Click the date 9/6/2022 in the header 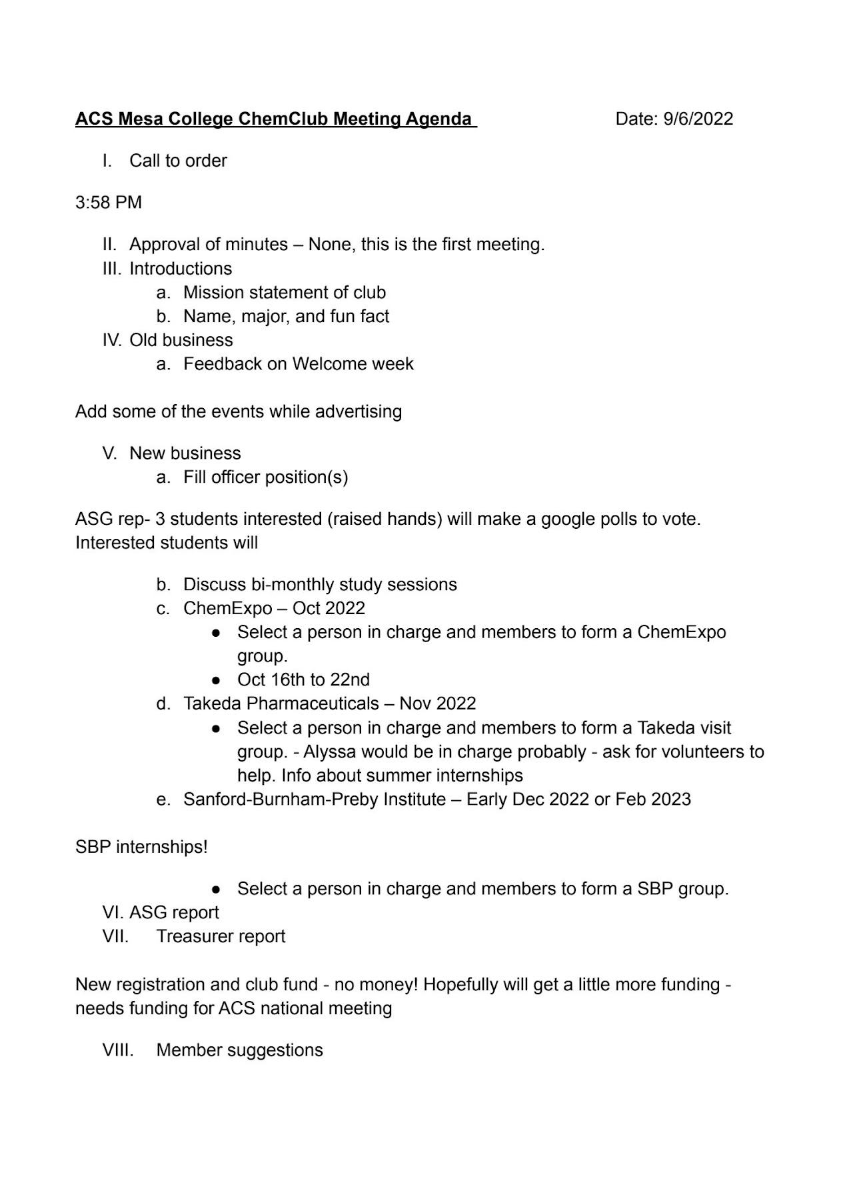click(698, 119)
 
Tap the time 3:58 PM click(109, 202)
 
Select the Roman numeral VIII click(118, 1050)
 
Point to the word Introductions click(181, 268)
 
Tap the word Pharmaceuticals click(315, 704)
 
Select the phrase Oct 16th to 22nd click(303, 680)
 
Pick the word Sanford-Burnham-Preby click(315, 799)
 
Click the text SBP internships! click(141, 847)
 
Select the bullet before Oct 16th click(216, 680)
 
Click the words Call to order click(178, 161)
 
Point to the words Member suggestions click(239, 1050)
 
